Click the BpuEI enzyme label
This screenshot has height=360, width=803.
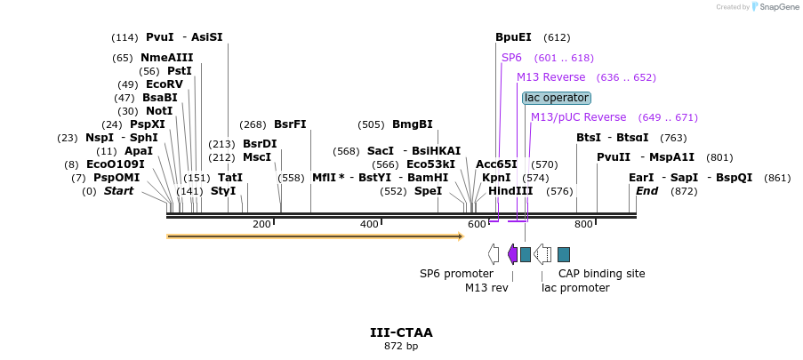(513, 37)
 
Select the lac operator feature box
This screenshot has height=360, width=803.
(557, 98)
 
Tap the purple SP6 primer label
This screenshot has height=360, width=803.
(511, 58)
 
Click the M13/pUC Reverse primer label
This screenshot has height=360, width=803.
(578, 117)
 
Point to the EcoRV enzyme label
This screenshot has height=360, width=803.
(164, 84)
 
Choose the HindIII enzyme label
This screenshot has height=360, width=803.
(510, 191)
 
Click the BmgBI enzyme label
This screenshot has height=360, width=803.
(413, 124)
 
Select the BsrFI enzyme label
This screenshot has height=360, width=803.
(290, 124)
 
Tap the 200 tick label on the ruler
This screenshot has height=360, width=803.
(261, 224)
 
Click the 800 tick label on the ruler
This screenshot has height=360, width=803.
(583, 224)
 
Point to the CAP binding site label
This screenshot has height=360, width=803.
(602, 274)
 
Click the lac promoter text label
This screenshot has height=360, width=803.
(575, 288)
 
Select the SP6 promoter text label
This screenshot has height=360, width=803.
(456, 274)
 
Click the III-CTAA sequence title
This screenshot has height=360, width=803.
(401, 332)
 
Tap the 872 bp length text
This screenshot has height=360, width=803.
(401, 346)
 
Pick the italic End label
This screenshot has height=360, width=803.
(646, 191)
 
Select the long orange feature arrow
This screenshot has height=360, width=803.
(315, 236)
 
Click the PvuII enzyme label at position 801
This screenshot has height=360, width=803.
(613, 157)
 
